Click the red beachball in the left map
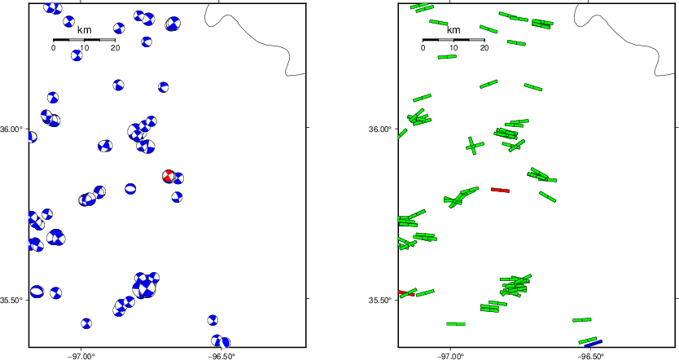pyautogui.click(x=168, y=176)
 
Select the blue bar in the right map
pyautogui.click(x=594, y=344)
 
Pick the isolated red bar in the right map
pyautogui.click(x=500, y=190)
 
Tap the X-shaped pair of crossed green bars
pyautogui.click(x=475, y=146)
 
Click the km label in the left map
pyautogui.click(x=84, y=30)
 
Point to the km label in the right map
pyautogui.click(x=453, y=30)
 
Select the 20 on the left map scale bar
pyautogui.click(x=115, y=48)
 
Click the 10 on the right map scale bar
pyautogui.click(x=453, y=48)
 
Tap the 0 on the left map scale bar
pyautogui.click(x=53, y=48)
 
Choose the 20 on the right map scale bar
pyautogui.click(x=484, y=48)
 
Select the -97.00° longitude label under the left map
pyautogui.click(x=81, y=356)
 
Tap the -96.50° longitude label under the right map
pyautogui.click(x=590, y=356)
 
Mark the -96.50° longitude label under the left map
pyautogui.click(x=221, y=356)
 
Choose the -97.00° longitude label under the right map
pyautogui.click(x=450, y=356)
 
